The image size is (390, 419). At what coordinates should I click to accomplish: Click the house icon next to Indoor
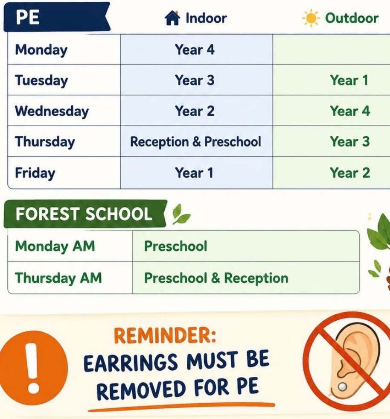tap(172, 18)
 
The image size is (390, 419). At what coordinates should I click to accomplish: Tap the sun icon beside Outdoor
tap(311, 18)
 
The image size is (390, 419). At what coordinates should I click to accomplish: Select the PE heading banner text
tap(28, 18)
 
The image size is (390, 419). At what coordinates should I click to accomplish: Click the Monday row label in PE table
tap(41, 50)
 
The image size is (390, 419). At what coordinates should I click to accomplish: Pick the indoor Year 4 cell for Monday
tap(195, 50)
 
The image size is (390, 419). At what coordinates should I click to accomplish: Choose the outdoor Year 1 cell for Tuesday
tap(349, 80)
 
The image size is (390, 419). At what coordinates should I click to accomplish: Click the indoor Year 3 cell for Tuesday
tap(195, 80)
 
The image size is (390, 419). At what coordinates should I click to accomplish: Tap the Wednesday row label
tap(52, 111)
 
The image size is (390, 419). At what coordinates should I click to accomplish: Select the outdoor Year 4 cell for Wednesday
tap(350, 111)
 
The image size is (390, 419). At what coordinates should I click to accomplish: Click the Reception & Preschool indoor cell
tap(196, 142)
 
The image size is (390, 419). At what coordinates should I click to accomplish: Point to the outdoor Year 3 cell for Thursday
tap(350, 141)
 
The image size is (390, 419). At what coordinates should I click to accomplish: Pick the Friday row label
tap(35, 173)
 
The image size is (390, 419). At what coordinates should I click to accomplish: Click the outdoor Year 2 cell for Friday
tap(350, 173)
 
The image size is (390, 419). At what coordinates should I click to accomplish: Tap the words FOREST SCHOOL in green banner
tap(84, 214)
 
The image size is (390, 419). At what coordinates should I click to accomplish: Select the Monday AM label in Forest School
tap(55, 246)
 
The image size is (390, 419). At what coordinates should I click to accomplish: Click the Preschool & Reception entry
tap(216, 278)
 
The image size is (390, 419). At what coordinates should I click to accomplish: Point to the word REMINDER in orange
tap(165, 335)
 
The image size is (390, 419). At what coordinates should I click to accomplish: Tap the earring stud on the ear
tap(342, 387)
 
